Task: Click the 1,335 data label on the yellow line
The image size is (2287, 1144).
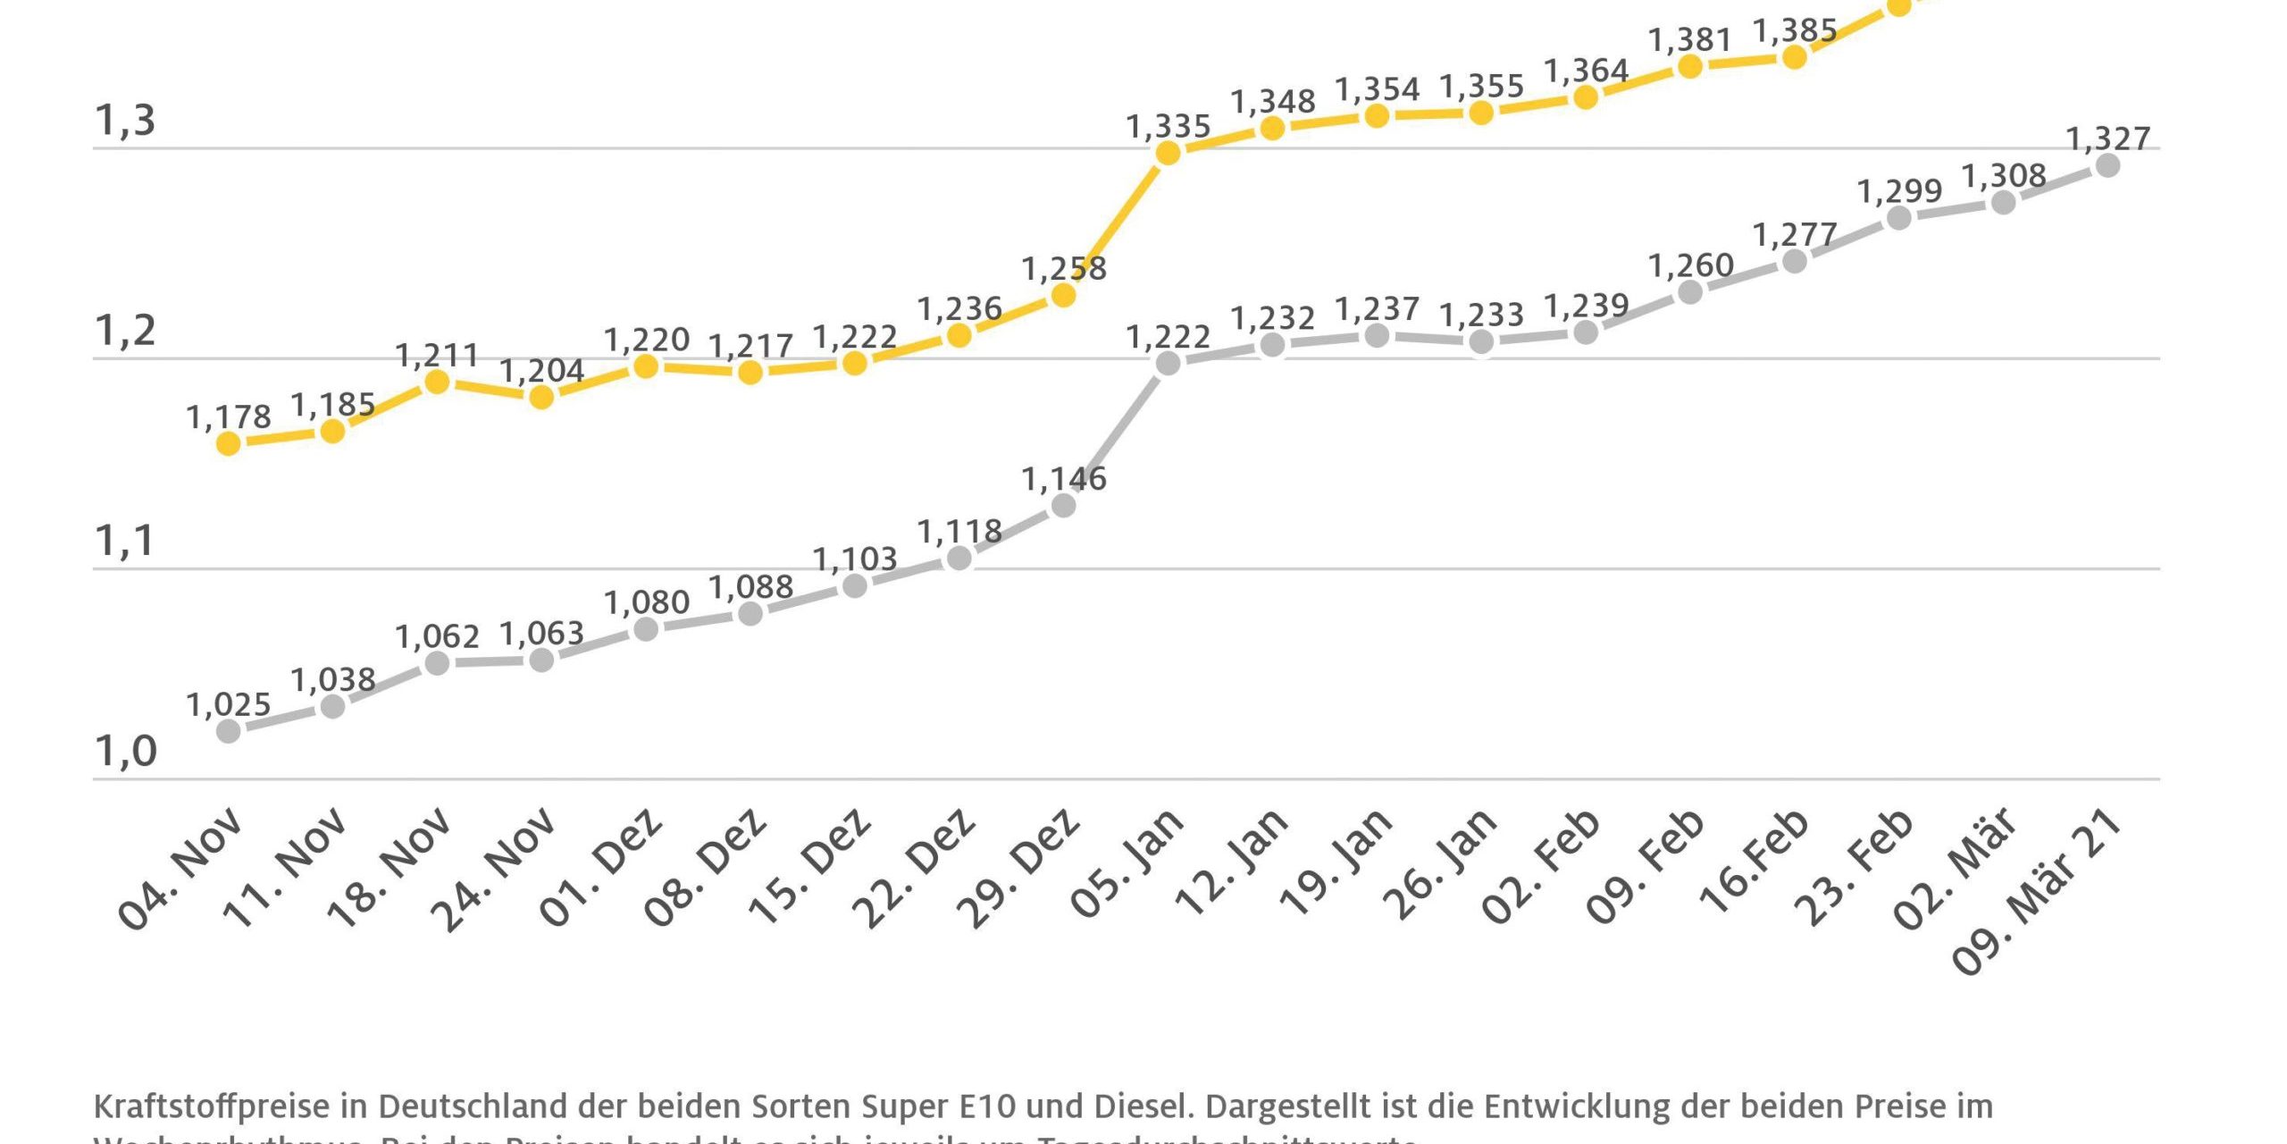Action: pyautogui.click(x=1168, y=127)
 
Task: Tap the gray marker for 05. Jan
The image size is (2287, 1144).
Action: pyautogui.click(x=1168, y=363)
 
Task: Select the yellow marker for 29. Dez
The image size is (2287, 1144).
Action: pyautogui.click(x=1063, y=295)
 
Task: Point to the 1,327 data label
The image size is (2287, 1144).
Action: pyautogui.click(x=2108, y=139)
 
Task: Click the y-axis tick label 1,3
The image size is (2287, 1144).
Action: pyautogui.click(x=125, y=120)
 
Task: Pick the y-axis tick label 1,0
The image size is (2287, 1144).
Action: pyautogui.click(x=125, y=751)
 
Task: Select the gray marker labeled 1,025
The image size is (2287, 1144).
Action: pyautogui.click(x=229, y=731)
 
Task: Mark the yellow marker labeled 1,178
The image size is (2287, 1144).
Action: pyautogui.click(x=229, y=443)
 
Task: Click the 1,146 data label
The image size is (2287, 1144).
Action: pyautogui.click(x=1063, y=480)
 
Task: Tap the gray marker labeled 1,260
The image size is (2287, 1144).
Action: pyautogui.click(x=1690, y=292)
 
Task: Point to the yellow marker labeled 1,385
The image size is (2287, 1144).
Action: pyautogui.click(x=1794, y=57)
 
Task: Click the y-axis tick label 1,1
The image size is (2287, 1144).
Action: pyautogui.click(x=125, y=541)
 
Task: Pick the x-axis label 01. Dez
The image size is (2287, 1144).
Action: pyautogui.click(x=601, y=867)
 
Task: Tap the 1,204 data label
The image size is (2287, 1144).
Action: pyautogui.click(x=541, y=370)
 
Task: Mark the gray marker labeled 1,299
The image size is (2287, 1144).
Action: pyautogui.click(x=1898, y=218)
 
